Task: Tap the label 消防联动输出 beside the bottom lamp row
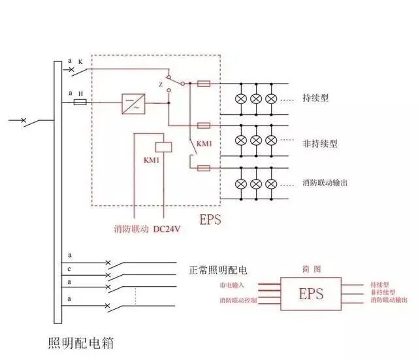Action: (x=325, y=182)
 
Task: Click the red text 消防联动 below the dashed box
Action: (x=131, y=229)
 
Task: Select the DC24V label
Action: (x=168, y=229)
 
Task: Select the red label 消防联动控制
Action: (x=238, y=301)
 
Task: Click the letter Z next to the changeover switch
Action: (x=160, y=84)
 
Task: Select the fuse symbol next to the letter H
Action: (x=81, y=103)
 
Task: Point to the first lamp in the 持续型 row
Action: (x=241, y=99)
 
